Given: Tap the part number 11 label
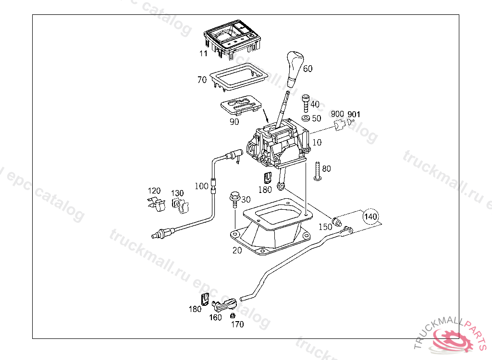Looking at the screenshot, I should (204, 53).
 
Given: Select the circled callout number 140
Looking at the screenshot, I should (370, 217).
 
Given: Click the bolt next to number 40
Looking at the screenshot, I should (305, 102).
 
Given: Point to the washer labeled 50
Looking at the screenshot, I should (305, 118).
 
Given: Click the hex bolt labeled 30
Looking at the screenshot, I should (234, 198).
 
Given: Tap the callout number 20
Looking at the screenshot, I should (237, 250).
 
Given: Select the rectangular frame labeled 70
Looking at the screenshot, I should (238, 76).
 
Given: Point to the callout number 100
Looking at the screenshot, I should (201, 186).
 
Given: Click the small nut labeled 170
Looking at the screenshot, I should (233, 316).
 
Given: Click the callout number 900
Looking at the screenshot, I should (338, 114).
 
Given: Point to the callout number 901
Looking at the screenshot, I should (354, 114).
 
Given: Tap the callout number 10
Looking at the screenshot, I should (317, 143).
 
